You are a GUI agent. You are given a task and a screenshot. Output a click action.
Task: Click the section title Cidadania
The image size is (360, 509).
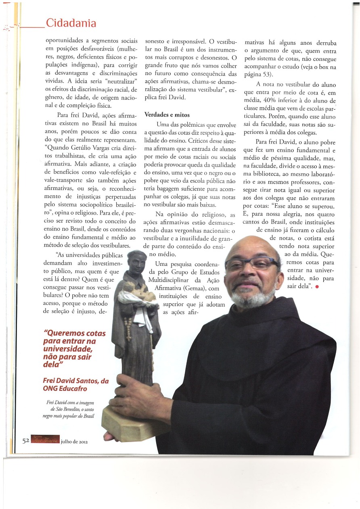click(x=71, y=23)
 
